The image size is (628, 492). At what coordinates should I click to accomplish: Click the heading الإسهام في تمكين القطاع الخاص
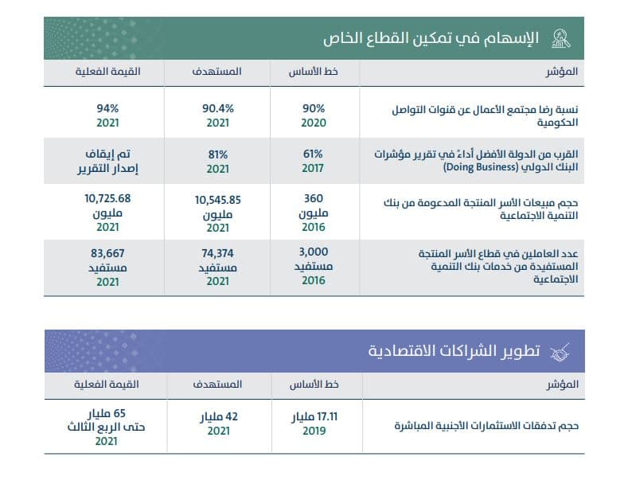click(431, 38)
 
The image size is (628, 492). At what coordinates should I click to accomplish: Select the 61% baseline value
click(314, 154)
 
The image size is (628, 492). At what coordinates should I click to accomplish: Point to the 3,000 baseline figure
click(314, 252)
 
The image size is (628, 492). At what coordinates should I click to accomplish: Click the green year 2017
click(314, 169)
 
